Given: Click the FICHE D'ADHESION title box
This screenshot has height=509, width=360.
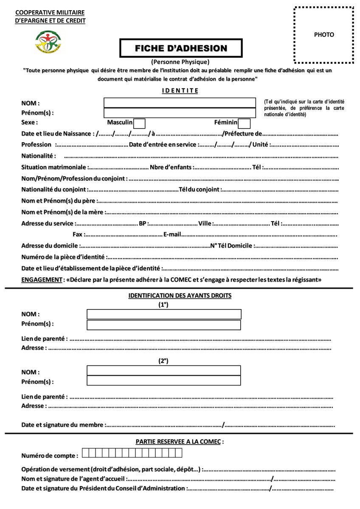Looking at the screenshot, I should [181, 48].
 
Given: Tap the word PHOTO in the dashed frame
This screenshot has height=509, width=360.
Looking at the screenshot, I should [324, 35].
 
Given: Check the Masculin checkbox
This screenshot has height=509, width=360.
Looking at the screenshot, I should [139, 124].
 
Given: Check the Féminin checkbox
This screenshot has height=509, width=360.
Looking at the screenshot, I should [244, 124].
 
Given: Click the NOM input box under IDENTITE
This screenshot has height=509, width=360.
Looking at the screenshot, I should [180, 103].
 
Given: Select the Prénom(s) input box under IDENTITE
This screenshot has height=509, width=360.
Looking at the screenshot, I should [180, 113].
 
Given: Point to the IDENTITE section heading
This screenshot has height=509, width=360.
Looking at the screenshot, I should [180, 90].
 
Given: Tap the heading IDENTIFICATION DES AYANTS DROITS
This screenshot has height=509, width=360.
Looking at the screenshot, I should [180, 295].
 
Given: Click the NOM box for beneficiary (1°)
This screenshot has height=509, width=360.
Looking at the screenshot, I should [164, 314].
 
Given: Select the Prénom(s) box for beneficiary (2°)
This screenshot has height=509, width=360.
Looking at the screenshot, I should [164, 381].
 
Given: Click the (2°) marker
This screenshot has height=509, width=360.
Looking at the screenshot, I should [163, 361].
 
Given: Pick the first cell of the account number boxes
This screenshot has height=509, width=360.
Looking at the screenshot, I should [85, 453].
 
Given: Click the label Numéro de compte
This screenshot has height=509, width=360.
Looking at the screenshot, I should [49, 456].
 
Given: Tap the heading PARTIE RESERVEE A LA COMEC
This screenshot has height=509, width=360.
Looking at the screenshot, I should [180, 442].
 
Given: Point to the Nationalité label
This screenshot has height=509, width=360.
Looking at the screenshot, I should [38, 156].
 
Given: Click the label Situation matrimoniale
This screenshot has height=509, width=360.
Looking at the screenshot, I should [54, 167].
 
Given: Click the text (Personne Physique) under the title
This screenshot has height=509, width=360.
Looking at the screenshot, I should [180, 62].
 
